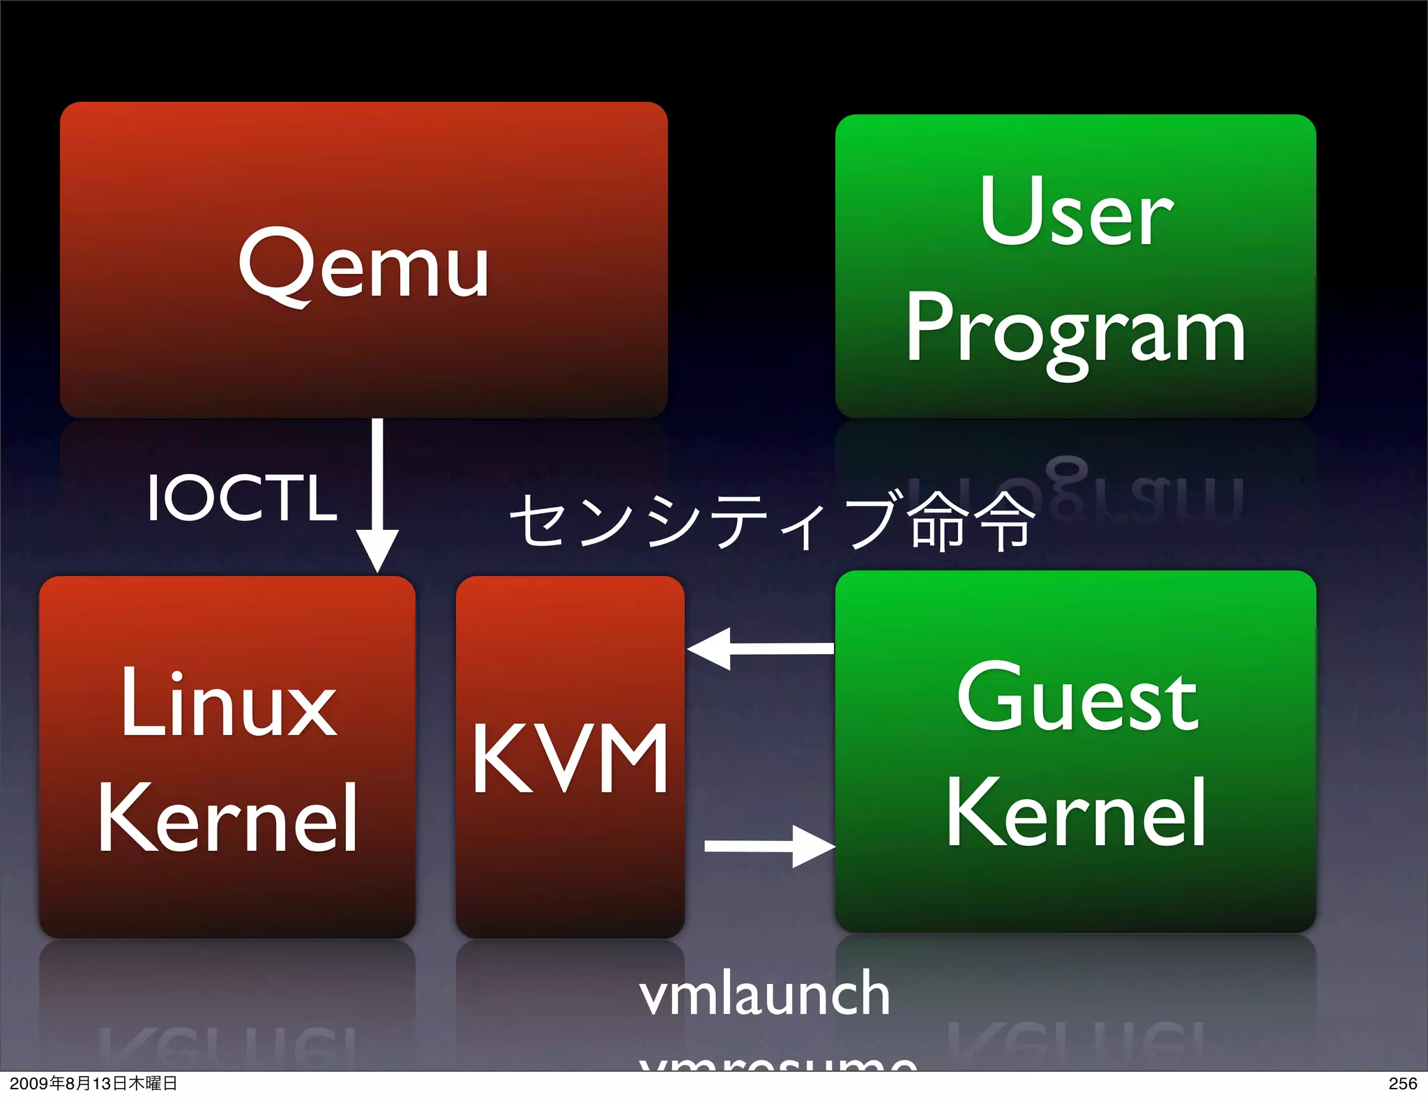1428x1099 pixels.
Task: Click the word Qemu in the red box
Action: (x=363, y=265)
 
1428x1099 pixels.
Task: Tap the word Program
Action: (x=1076, y=331)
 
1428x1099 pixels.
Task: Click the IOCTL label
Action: (x=242, y=498)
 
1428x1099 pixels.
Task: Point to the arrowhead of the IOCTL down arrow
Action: (x=377, y=551)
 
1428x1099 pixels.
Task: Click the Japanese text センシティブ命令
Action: (x=772, y=520)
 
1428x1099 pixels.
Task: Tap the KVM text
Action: (x=570, y=759)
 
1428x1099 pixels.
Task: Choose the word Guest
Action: (x=1077, y=697)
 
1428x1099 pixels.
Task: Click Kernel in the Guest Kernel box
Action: (x=1076, y=813)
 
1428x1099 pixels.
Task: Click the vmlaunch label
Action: (x=765, y=994)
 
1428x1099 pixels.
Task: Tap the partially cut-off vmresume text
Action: (x=777, y=1064)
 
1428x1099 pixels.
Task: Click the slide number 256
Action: (x=1402, y=1084)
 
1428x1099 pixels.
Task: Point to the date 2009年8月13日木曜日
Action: (x=93, y=1084)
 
